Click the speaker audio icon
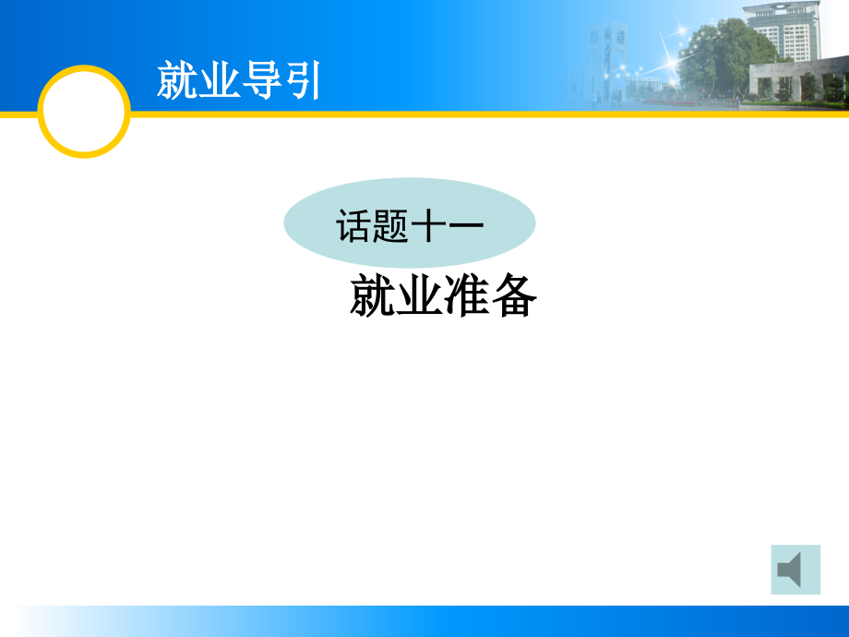point(795,570)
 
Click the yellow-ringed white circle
point(84,112)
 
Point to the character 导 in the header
point(260,80)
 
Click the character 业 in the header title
point(219,80)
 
